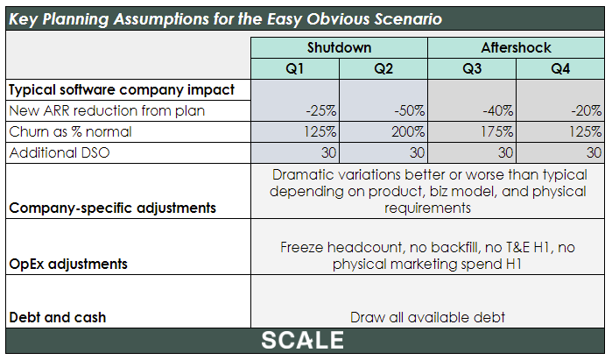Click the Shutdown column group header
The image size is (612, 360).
click(x=339, y=47)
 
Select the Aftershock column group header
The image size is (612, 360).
click(x=516, y=47)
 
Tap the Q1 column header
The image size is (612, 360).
click(x=295, y=68)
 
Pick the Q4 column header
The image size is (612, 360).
click(x=560, y=68)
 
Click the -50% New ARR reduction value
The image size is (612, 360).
click(x=409, y=111)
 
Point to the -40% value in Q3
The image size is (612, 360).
click(x=497, y=111)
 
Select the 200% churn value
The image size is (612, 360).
click(x=408, y=131)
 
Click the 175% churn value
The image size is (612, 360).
click(x=496, y=131)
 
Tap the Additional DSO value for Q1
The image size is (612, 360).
click(x=328, y=152)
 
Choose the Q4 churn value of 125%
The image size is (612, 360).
click(x=585, y=131)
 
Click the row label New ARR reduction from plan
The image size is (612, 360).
click(x=107, y=111)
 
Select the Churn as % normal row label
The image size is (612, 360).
click(x=70, y=131)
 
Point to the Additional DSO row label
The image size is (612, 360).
click(x=60, y=152)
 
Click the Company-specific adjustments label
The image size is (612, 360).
click(x=112, y=208)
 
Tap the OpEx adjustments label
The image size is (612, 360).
click(x=68, y=264)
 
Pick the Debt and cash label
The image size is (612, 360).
click(x=58, y=317)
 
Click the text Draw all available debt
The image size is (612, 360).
click(x=427, y=317)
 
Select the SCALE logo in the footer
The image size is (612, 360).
click(x=302, y=340)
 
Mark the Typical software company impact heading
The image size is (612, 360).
click(x=122, y=90)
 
